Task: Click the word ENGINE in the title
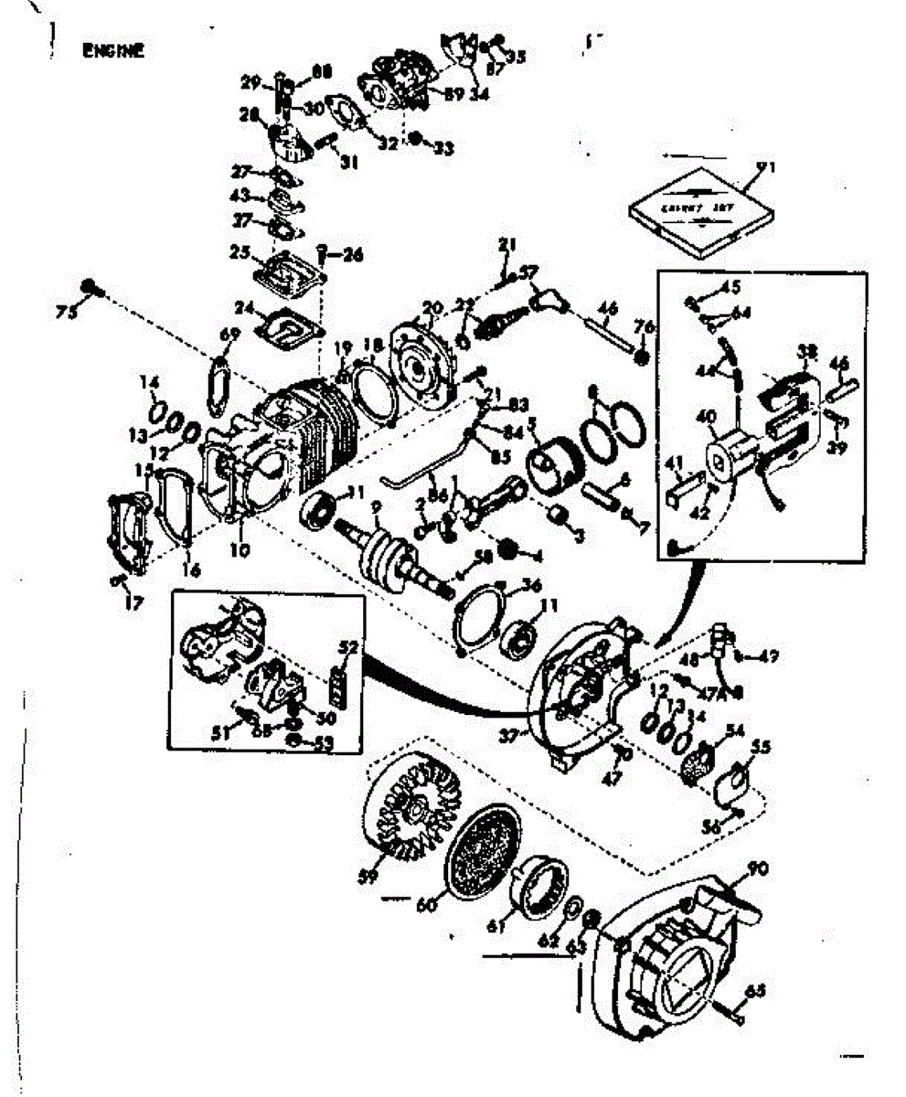pyautogui.click(x=112, y=51)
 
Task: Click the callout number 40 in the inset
pyautogui.click(x=706, y=417)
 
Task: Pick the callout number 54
pyautogui.click(x=734, y=729)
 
